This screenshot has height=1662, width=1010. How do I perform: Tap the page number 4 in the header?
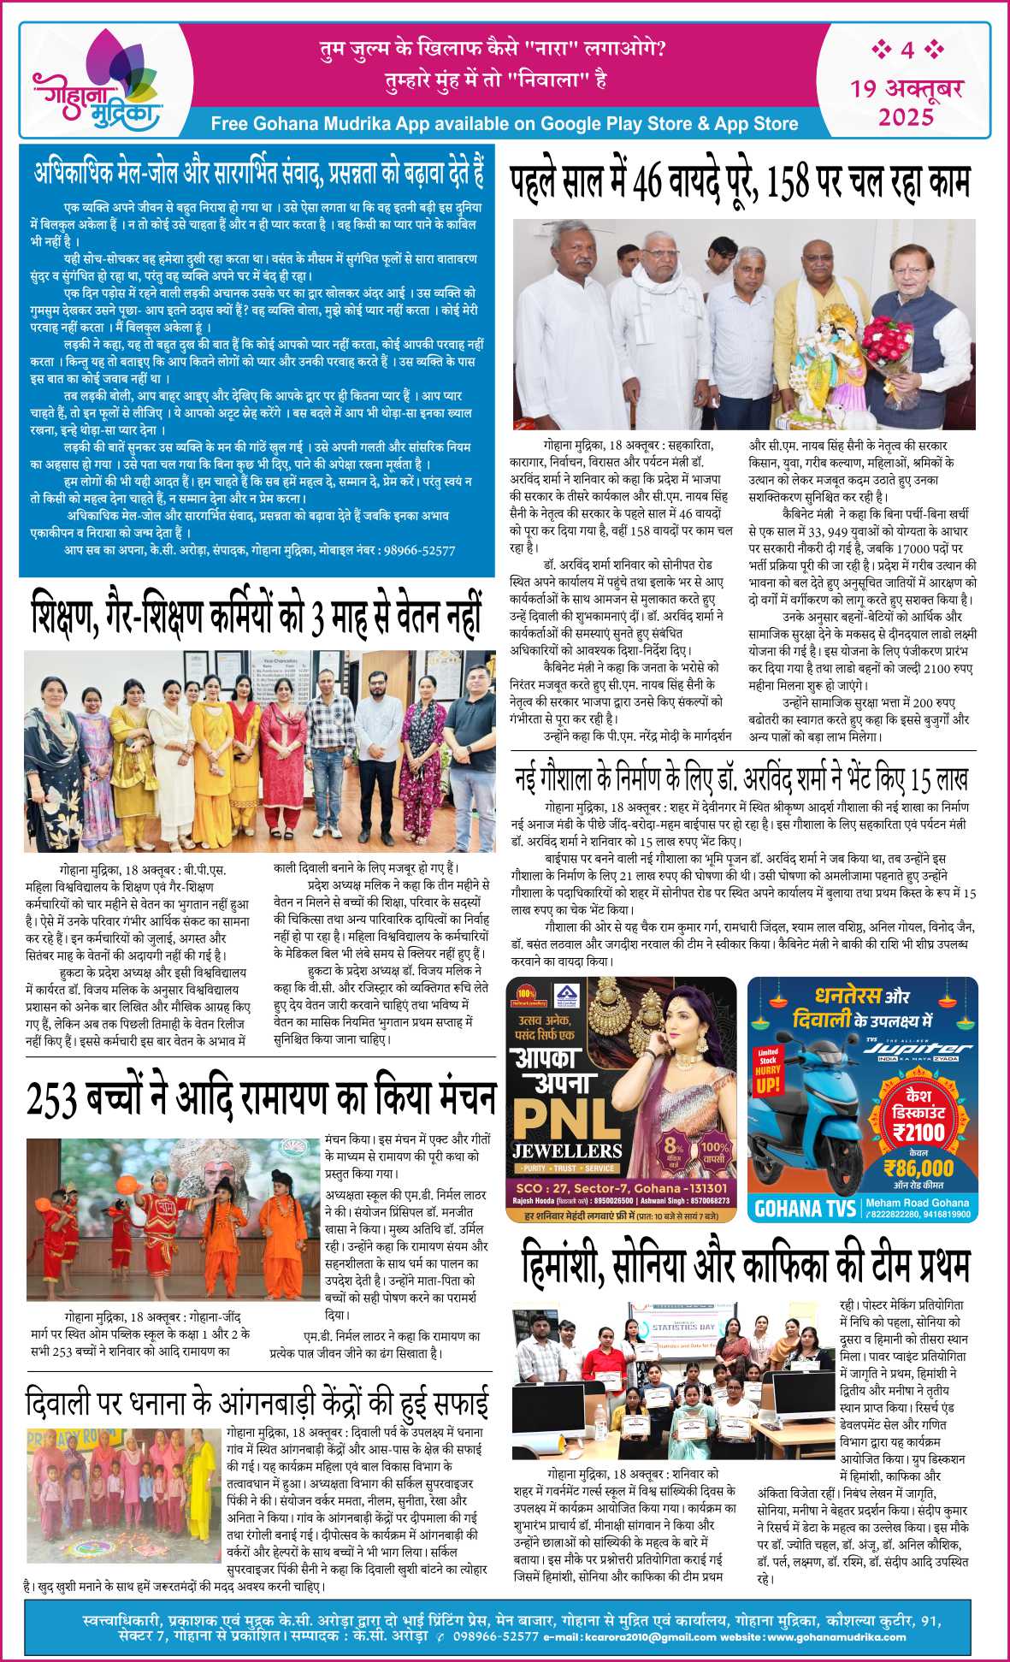click(x=907, y=50)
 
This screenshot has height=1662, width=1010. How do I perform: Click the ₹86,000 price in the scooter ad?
click(x=918, y=1168)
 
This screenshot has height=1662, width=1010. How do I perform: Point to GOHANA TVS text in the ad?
click(x=805, y=1208)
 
